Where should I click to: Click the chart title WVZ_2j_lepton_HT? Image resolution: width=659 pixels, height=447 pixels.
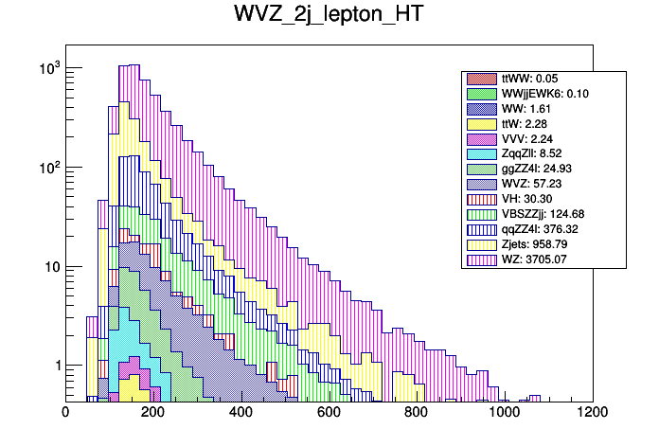[x=329, y=16]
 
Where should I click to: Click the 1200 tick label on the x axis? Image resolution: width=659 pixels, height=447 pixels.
[x=593, y=412]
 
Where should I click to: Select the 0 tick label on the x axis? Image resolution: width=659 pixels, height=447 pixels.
[x=64, y=412]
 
